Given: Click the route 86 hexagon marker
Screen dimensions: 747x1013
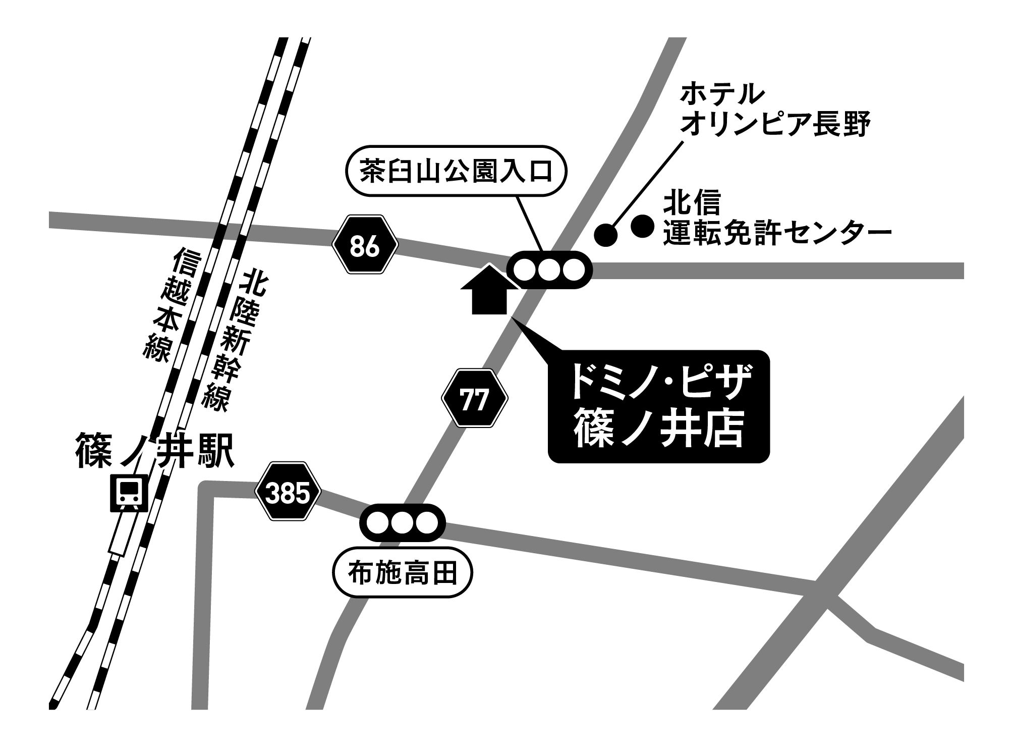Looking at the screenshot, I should (x=365, y=244).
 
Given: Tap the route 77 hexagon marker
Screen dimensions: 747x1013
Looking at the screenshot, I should (x=475, y=398).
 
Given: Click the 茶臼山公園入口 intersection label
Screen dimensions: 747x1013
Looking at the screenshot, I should (x=456, y=171).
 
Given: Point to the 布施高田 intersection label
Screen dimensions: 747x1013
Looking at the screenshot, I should (x=403, y=573).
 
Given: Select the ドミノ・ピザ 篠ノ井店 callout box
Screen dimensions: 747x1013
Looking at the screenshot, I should (x=659, y=406).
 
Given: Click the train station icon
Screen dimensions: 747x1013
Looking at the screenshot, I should (x=130, y=492).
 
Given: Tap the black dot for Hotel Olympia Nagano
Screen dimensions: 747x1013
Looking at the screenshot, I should (x=606, y=234).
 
